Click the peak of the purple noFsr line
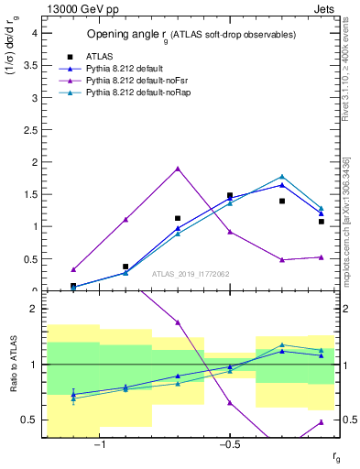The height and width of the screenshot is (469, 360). click(178, 169)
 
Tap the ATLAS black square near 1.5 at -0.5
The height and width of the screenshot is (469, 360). click(230, 195)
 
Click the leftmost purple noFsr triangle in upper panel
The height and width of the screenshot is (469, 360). click(73, 269)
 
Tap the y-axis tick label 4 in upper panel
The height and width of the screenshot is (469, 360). click(34, 32)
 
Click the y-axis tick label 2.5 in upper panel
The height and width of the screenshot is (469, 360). click(30, 129)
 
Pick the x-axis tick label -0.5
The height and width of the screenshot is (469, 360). click(228, 445)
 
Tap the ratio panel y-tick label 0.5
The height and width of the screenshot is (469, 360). click(30, 420)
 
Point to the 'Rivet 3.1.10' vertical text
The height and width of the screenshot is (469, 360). click(344, 55)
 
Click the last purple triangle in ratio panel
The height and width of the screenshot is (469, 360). click(321, 422)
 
